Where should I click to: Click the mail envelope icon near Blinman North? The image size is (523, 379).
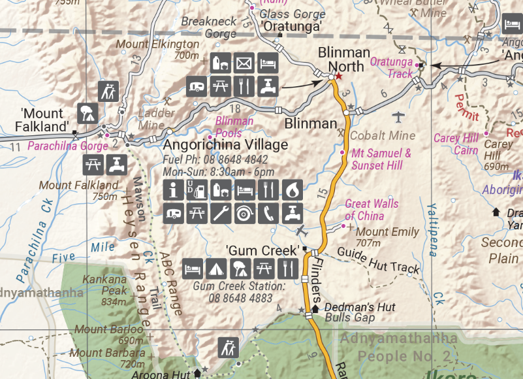(x=244, y=63)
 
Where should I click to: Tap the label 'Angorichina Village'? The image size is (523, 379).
(x=226, y=144)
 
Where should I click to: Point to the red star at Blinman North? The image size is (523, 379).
(x=338, y=76)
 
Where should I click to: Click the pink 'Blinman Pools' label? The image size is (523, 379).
(x=234, y=126)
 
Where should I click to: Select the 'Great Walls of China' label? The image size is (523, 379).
(x=372, y=210)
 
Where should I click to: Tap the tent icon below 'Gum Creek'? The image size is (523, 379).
(x=216, y=268)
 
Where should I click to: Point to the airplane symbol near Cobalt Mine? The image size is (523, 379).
(x=399, y=117)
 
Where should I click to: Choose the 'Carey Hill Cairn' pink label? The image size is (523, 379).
(x=456, y=144)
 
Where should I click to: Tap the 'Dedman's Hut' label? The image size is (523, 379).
(x=351, y=307)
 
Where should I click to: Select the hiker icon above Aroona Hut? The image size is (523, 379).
(x=229, y=346)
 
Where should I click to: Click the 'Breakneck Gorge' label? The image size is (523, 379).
(x=208, y=27)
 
